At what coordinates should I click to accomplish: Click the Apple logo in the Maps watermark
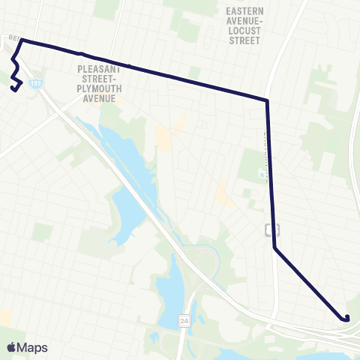point(11,347)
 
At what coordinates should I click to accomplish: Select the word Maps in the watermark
point(33,347)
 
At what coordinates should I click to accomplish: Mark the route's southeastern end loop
point(346,318)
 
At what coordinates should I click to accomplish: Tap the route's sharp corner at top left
point(22,39)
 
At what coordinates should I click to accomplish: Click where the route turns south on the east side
point(267,100)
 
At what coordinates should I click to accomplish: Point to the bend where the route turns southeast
point(274,248)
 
